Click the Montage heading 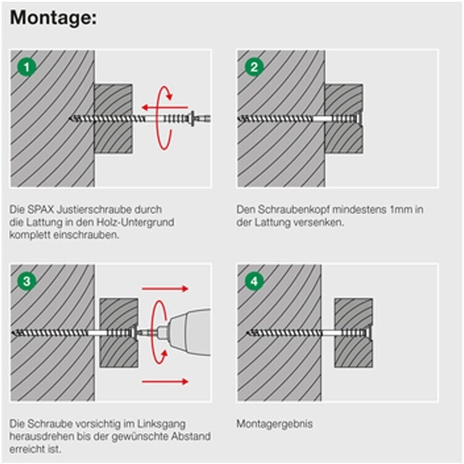tap(54, 18)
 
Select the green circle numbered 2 tap(254, 67)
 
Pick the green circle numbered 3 tap(26, 281)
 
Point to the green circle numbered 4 tap(254, 281)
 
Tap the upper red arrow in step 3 tap(164, 288)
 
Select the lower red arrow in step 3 tap(164, 382)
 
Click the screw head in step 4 tap(368, 333)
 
